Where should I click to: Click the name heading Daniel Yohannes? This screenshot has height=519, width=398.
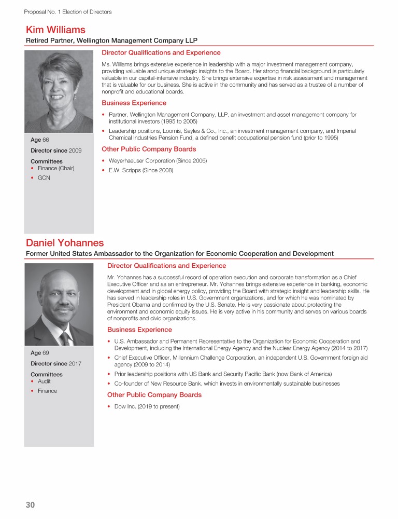point(65,243)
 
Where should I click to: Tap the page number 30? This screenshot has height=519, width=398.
point(31,504)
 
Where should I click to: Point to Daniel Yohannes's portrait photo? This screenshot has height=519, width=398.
point(59,304)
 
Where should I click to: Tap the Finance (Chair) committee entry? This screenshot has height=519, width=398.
point(56,168)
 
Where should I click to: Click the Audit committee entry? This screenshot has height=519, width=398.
point(44,381)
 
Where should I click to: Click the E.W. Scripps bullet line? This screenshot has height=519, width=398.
point(140,170)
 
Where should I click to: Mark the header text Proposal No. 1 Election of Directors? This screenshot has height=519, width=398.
point(67,11)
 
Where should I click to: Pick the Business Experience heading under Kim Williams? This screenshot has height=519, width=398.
point(134,103)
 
